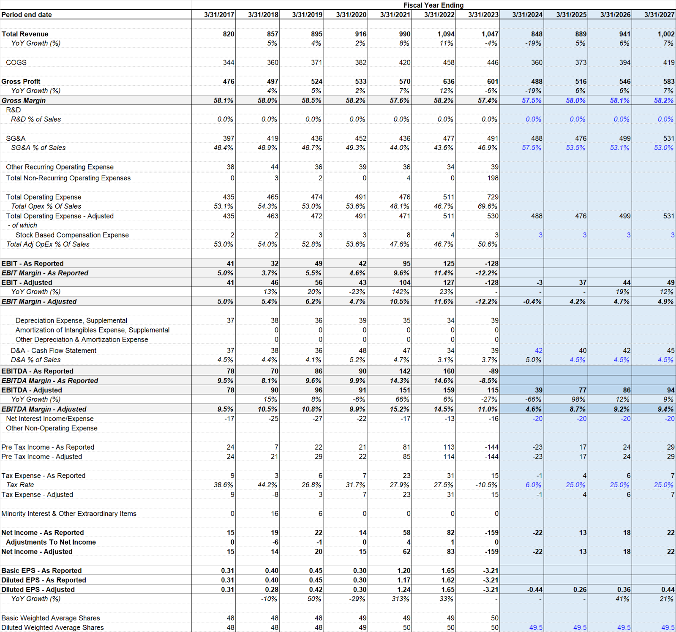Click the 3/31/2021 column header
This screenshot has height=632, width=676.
click(x=395, y=15)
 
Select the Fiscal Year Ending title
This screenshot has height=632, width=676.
click(x=433, y=5)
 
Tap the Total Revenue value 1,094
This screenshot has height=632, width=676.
click(x=446, y=34)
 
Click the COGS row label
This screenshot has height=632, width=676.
click(x=16, y=62)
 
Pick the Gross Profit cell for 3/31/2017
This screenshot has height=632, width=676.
click(x=229, y=81)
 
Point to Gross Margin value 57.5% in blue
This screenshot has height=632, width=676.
click(x=532, y=100)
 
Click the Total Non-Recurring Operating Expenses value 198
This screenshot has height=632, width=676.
click(x=493, y=178)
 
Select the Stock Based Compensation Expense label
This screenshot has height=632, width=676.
click(x=72, y=235)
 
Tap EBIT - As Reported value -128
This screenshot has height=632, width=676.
click(x=492, y=263)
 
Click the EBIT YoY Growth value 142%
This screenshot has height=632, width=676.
click(x=401, y=292)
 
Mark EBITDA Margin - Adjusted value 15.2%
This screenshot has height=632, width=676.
click(x=400, y=409)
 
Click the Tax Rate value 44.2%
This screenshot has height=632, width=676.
click(x=267, y=485)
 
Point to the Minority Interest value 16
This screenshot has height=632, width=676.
click(x=275, y=514)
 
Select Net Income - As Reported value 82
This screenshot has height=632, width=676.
click(x=451, y=533)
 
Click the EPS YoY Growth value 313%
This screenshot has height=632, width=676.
click(x=401, y=599)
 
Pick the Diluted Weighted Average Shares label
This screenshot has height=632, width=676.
click(x=52, y=628)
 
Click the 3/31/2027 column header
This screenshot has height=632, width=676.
click(x=659, y=15)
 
